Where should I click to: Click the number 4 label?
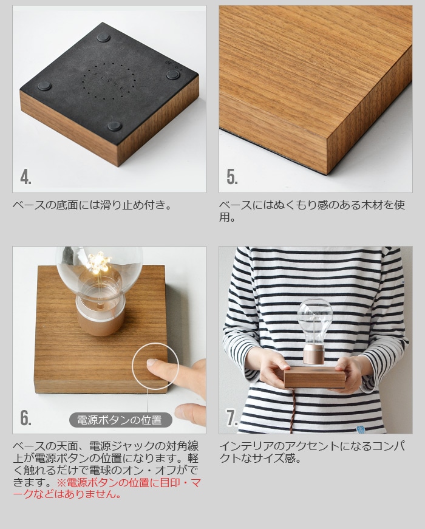coord(25,177)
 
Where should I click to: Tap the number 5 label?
coord(232,177)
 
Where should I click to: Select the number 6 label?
coord(25,418)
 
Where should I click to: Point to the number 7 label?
coord(232,418)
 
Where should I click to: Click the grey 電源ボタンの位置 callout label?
coord(120,420)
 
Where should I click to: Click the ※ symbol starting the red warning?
coord(61,482)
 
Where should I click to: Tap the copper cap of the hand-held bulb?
coord(314,353)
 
